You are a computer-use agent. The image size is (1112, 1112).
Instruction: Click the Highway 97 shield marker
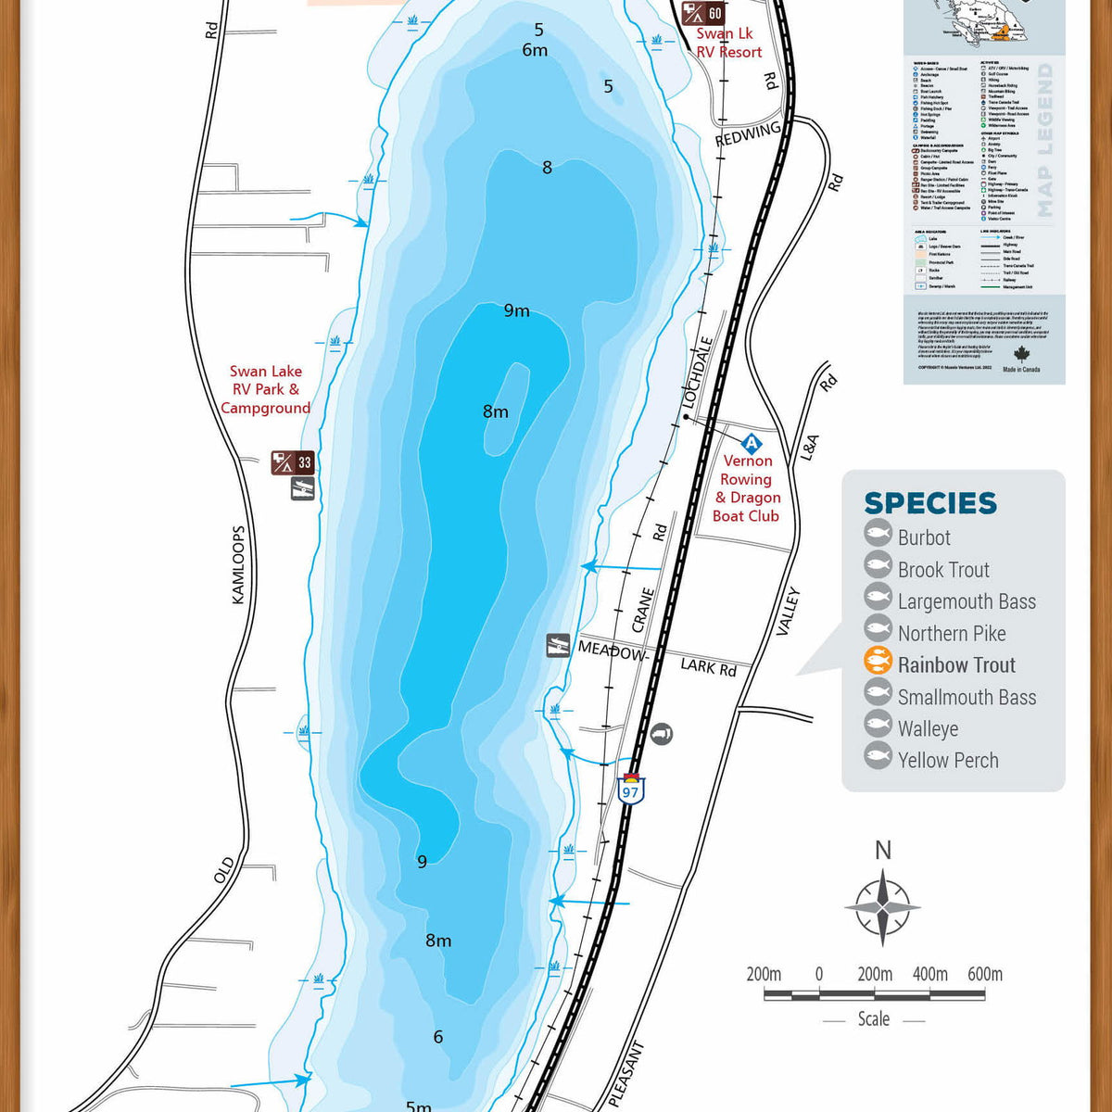tap(631, 790)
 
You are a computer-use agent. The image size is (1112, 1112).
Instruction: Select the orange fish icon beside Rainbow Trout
tap(878, 661)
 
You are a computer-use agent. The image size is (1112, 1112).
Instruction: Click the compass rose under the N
tap(882, 906)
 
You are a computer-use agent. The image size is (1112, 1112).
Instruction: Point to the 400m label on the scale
tap(929, 974)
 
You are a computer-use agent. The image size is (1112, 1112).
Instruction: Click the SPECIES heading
tap(929, 503)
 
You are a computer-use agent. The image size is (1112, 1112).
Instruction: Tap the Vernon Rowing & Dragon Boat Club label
tap(747, 488)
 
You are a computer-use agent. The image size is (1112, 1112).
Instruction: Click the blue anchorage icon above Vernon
tap(751, 443)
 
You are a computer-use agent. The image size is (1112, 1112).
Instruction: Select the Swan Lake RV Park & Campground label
tap(266, 389)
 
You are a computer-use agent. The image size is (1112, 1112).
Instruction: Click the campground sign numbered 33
tap(293, 462)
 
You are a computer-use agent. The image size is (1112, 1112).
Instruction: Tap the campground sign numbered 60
tap(702, 14)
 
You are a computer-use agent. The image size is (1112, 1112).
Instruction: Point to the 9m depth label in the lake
tap(516, 310)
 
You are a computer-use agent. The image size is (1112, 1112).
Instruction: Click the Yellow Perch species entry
tap(947, 761)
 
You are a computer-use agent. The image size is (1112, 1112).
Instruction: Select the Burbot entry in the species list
tap(923, 537)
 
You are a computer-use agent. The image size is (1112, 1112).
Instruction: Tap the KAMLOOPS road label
tap(238, 565)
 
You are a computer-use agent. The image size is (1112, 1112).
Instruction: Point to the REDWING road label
tap(748, 134)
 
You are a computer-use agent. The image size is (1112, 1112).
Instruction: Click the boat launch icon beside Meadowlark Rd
tap(558, 645)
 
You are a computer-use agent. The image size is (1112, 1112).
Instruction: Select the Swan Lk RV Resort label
tap(728, 43)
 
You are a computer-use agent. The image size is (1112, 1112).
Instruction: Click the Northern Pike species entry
tap(951, 634)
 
